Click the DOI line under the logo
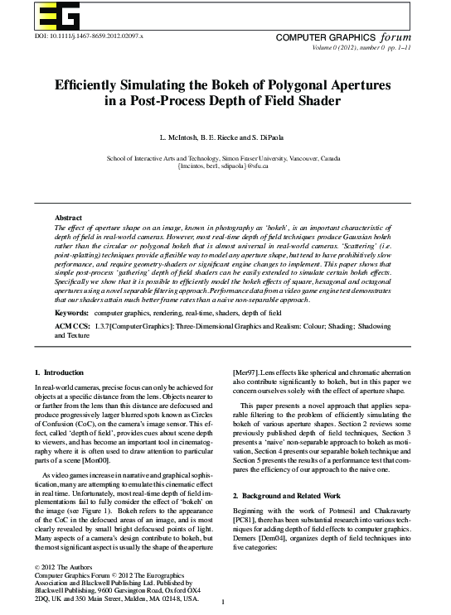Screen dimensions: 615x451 78,38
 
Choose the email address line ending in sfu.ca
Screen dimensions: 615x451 225,166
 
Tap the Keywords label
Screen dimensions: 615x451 72,315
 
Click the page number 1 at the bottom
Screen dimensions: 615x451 225,601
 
